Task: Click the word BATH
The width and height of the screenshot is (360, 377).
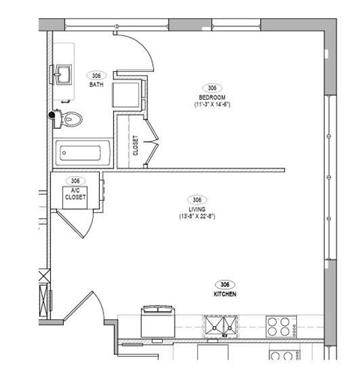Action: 96,85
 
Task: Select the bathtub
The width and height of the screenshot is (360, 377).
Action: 83,154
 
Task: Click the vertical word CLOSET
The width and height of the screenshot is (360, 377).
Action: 136,144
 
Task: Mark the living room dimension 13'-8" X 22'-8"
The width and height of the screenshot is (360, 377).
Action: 196,216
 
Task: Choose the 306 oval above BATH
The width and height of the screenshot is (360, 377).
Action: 96,76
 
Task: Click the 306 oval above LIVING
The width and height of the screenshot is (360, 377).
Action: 196,199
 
